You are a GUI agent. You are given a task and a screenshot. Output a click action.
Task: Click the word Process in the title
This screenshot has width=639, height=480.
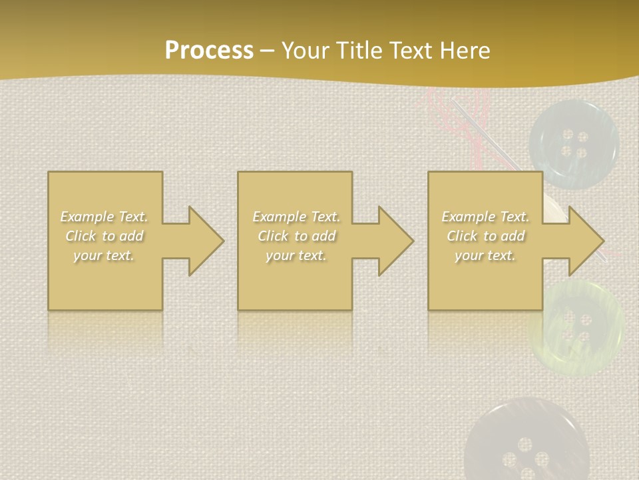pyautogui.click(x=209, y=51)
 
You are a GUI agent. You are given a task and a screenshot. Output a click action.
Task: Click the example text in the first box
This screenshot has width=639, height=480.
pyautogui.click(x=105, y=236)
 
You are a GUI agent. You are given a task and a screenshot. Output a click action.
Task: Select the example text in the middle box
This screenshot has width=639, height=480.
pyautogui.click(x=296, y=236)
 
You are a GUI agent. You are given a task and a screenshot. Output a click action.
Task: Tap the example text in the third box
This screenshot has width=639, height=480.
pyautogui.click(x=485, y=236)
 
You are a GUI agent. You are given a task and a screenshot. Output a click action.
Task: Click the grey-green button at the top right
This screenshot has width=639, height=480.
pyautogui.click(x=574, y=143)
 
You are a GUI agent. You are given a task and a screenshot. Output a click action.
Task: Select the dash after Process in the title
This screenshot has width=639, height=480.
pyautogui.click(x=267, y=51)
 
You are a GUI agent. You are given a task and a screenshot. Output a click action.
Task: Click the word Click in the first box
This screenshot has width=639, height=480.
pyautogui.click(x=81, y=236)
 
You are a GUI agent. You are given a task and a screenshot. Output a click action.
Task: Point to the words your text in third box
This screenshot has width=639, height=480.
pyautogui.click(x=485, y=255)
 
